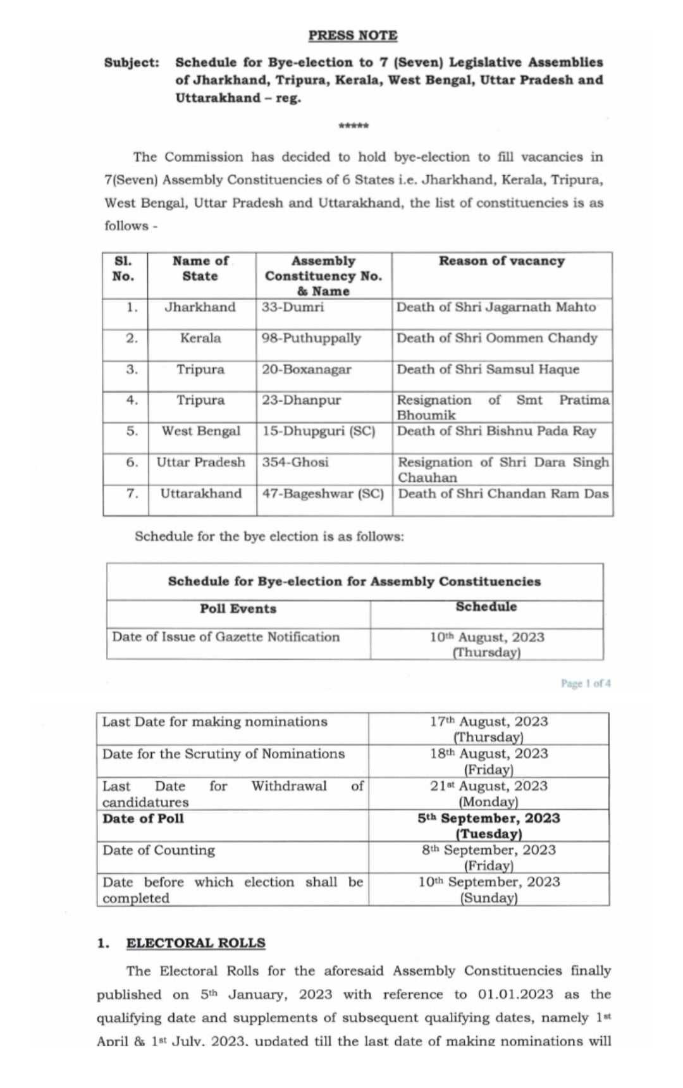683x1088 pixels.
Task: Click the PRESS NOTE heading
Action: point(353,35)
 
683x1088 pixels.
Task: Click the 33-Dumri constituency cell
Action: point(293,307)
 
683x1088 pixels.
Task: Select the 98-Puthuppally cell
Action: point(311,338)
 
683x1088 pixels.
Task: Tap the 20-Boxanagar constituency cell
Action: point(307,369)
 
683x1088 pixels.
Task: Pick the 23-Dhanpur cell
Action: point(301,400)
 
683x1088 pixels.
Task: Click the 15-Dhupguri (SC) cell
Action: point(319,431)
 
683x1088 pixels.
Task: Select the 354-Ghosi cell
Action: point(295,462)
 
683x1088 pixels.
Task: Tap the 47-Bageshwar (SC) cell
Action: point(323,493)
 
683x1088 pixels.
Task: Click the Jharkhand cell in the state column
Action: point(200,307)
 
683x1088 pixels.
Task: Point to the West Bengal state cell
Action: point(201,431)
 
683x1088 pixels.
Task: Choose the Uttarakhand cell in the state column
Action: point(201,493)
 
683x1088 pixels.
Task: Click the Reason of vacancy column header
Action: point(501,261)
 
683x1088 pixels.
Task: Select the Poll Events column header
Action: point(238,609)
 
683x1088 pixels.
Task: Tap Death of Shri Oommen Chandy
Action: point(496,338)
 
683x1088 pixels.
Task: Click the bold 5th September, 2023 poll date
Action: point(489,819)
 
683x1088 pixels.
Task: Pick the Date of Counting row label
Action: point(159,850)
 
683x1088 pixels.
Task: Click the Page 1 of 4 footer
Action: point(586,684)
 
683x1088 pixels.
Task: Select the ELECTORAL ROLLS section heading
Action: point(195,943)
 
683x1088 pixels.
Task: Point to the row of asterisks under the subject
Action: point(354,126)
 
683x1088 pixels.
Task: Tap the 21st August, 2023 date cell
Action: point(489,786)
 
